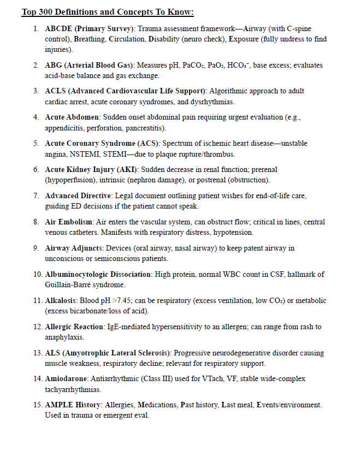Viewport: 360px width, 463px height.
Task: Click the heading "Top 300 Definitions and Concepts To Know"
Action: click(108, 13)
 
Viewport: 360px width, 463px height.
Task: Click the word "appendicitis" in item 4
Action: click(65, 128)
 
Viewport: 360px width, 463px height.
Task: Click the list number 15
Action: click(36, 405)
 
